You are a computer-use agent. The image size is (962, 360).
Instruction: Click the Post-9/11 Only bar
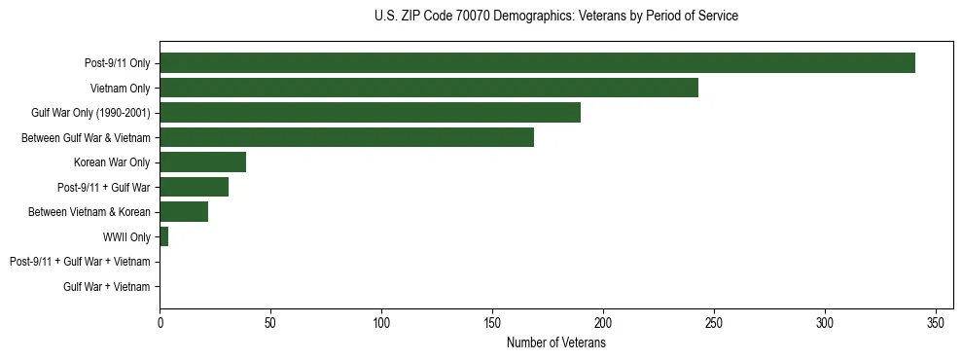(537, 63)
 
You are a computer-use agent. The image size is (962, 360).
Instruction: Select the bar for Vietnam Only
(429, 88)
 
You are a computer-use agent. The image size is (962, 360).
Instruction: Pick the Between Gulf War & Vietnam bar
(346, 137)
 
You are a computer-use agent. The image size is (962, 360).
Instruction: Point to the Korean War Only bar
(202, 162)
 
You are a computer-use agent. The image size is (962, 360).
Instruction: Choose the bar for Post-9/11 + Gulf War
(194, 187)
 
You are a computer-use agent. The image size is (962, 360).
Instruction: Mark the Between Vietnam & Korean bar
(184, 212)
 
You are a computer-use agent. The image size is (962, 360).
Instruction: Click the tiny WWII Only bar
(164, 236)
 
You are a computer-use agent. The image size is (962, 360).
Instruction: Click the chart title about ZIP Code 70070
(555, 17)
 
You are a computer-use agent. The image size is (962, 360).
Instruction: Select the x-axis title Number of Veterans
(555, 343)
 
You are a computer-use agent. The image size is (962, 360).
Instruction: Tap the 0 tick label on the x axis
(160, 322)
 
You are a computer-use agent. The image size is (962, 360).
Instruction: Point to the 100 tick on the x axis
(381, 322)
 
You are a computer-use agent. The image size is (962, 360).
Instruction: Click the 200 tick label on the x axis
(603, 322)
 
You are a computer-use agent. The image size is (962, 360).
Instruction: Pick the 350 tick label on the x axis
(936, 322)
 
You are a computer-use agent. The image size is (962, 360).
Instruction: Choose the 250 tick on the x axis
(714, 322)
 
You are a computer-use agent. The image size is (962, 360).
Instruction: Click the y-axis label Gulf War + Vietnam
(106, 287)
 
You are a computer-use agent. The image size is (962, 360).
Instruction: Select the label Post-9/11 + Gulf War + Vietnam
(80, 262)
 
